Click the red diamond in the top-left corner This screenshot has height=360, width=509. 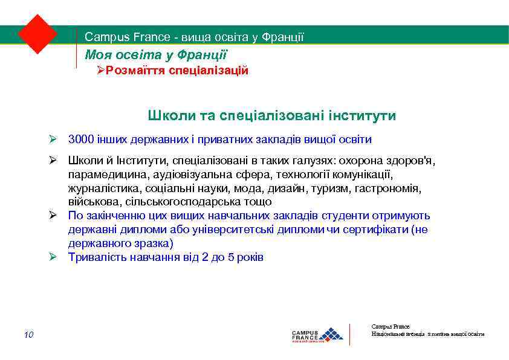(37, 34)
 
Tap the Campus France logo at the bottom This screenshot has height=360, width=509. (317, 334)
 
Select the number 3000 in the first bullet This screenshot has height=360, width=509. (81, 140)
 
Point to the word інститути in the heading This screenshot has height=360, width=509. (359, 115)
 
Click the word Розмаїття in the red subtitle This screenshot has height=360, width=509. (132, 71)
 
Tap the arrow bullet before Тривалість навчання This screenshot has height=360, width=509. (53, 257)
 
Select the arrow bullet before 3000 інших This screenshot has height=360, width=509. (53, 140)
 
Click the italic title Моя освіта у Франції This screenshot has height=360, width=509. (156, 55)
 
